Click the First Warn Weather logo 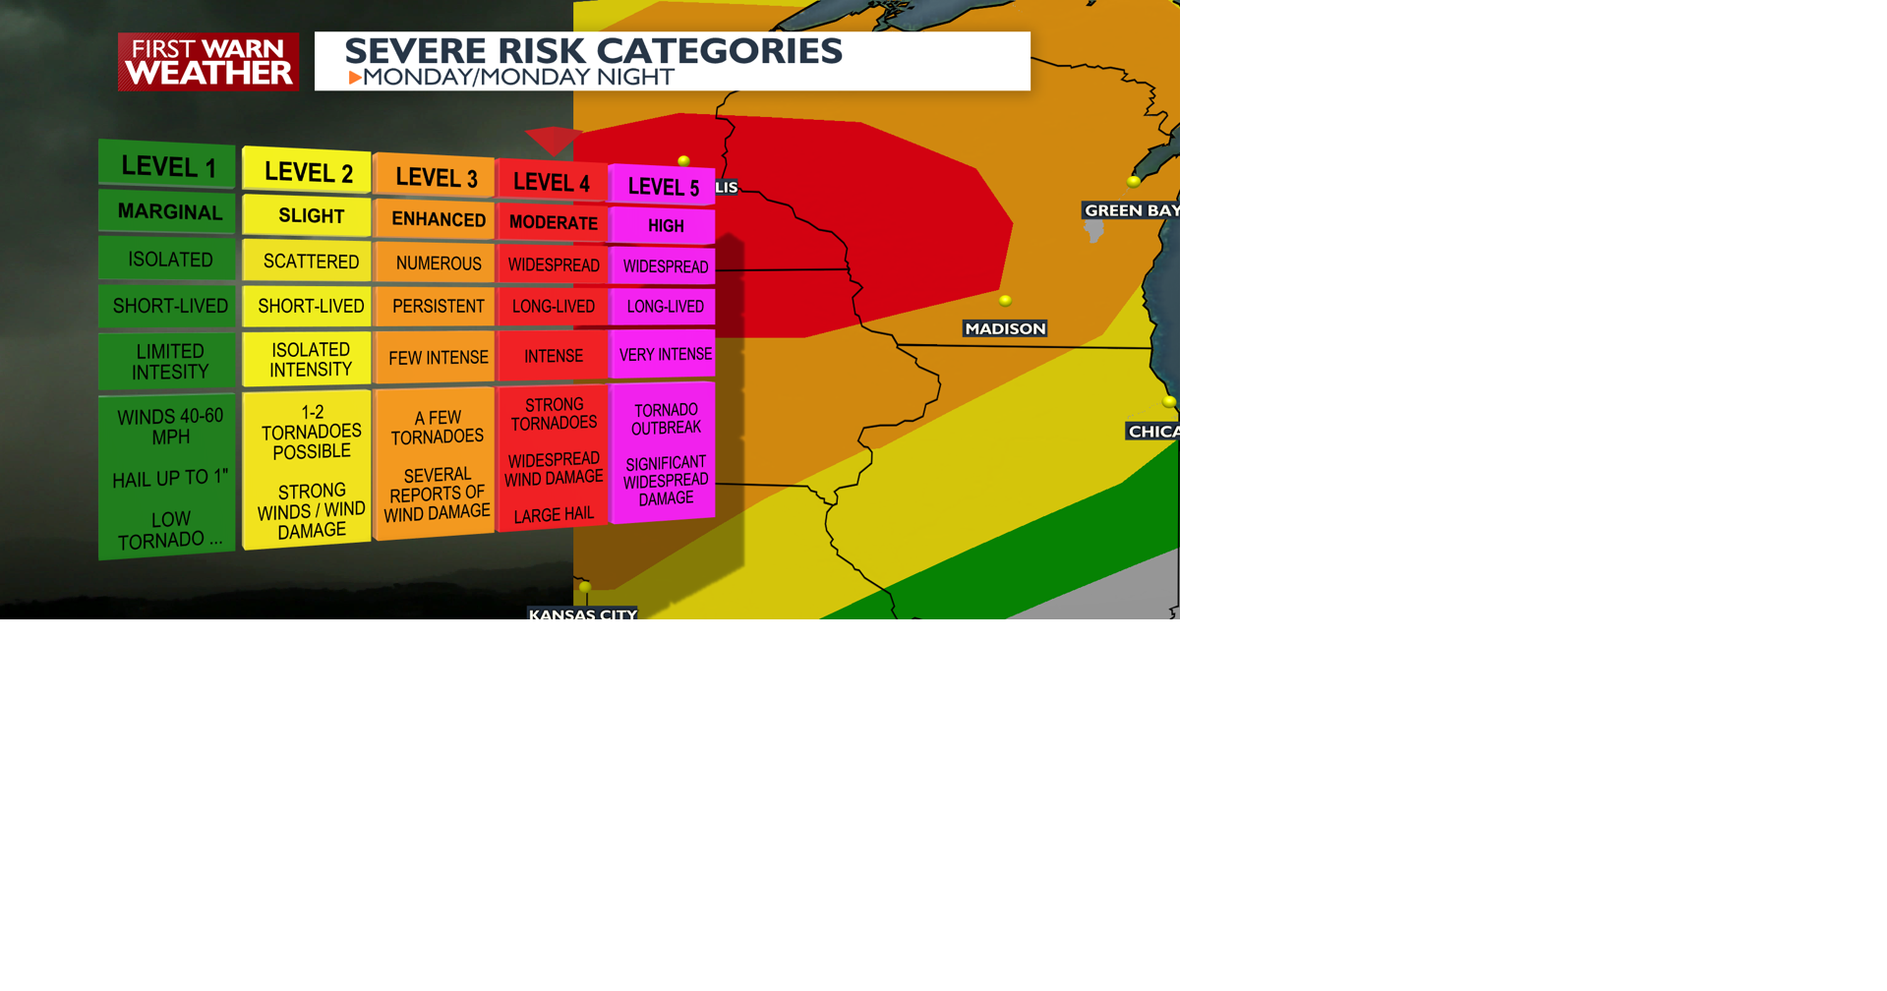click(207, 62)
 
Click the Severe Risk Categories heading click(593, 51)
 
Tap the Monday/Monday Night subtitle click(512, 78)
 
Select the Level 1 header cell click(168, 166)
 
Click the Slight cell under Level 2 click(311, 216)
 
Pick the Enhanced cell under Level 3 click(438, 219)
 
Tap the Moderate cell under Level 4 click(553, 223)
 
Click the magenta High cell click(665, 226)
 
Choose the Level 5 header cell click(663, 187)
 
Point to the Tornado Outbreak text click(666, 419)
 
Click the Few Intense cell click(438, 358)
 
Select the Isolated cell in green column click(170, 260)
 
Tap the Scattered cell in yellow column click(311, 262)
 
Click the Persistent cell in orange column click(438, 307)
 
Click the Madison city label click(1004, 328)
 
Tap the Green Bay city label click(1130, 210)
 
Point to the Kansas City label click(582, 613)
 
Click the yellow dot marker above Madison click(1005, 301)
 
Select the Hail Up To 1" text click(170, 479)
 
